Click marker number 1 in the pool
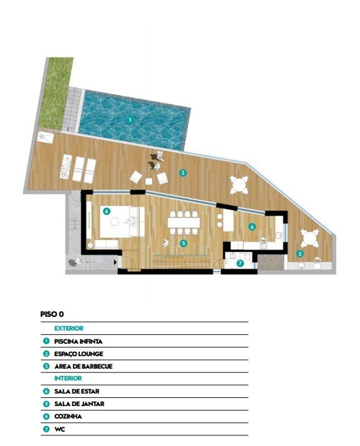pyautogui.click(x=130, y=120)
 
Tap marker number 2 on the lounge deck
pyautogui.click(x=183, y=173)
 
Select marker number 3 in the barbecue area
pyautogui.click(x=299, y=253)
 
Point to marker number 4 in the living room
pyautogui.click(x=107, y=211)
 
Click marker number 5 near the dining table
pyautogui.click(x=183, y=243)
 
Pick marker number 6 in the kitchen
pyautogui.click(x=252, y=226)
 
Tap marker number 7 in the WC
pyautogui.click(x=240, y=263)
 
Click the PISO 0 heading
pyautogui.click(x=52, y=314)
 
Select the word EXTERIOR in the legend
pyautogui.click(x=69, y=328)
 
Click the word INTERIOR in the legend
pyautogui.click(x=68, y=378)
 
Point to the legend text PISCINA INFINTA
pyautogui.click(x=78, y=341)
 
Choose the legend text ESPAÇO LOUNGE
pyautogui.click(x=79, y=354)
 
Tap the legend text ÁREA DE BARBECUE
pyautogui.click(x=84, y=366)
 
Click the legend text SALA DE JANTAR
pyautogui.click(x=79, y=404)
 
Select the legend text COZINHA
pyautogui.click(x=68, y=417)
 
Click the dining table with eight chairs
pyautogui.click(x=184, y=223)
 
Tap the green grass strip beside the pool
pyautogui.click(x=56, y=93)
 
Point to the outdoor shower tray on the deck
pyautogui.click(x=46, y=137)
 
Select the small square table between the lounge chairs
pyautogui.click(x=149, y=181)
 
